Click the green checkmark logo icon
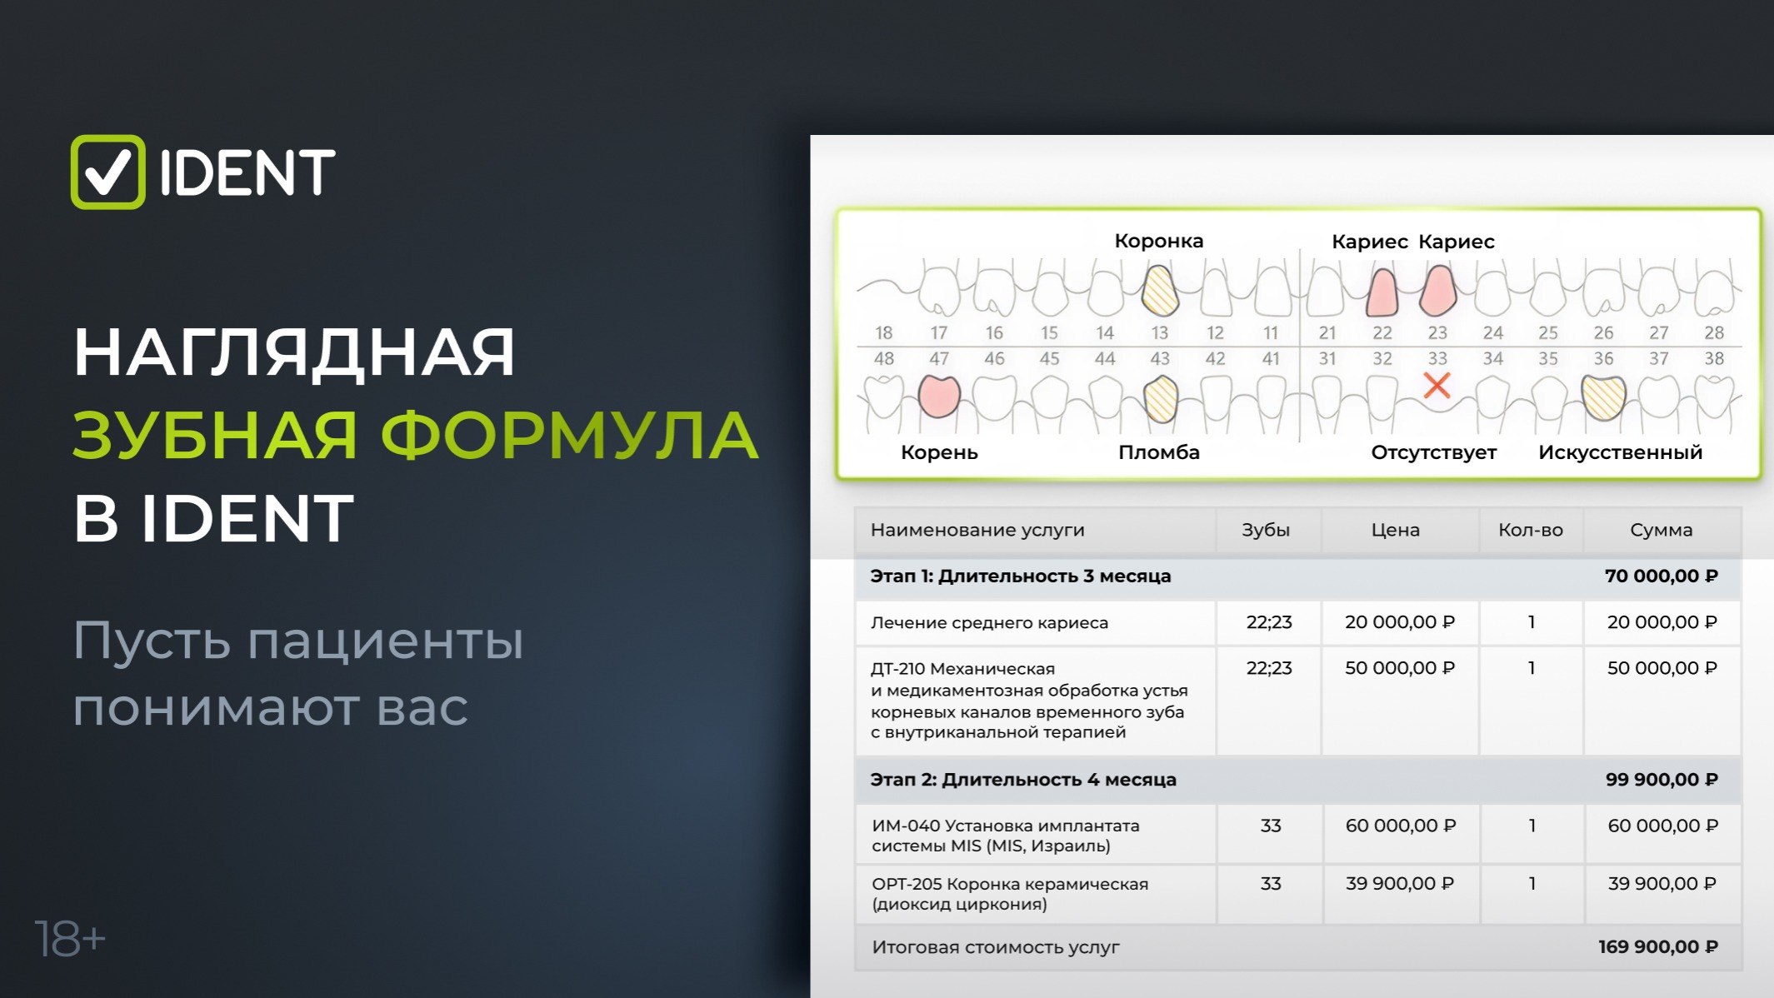(x=107, y=172)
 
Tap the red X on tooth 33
(x=1437, y=385)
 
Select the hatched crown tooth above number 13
(x=1159, y=290)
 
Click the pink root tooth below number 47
(x=939, y=396)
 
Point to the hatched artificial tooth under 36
(x=1603, y=397)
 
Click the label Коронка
(x=1159, y=241)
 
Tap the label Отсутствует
(x=1434, y=452)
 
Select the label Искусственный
(x=1620, y=452)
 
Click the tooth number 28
(x=1714, y=332)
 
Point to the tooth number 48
(x=884, y=358)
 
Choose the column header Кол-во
(x=1531, y=530)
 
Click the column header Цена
(x=1396, y=530)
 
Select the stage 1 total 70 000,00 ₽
(x=1662, y=576)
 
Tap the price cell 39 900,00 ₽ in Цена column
(x=1400, y=883)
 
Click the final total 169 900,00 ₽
(x=1658, y=946)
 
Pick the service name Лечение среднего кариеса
(x=989, y=622)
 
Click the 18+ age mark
(x=70, y=940)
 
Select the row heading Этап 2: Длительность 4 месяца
(x=1023, y=780)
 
